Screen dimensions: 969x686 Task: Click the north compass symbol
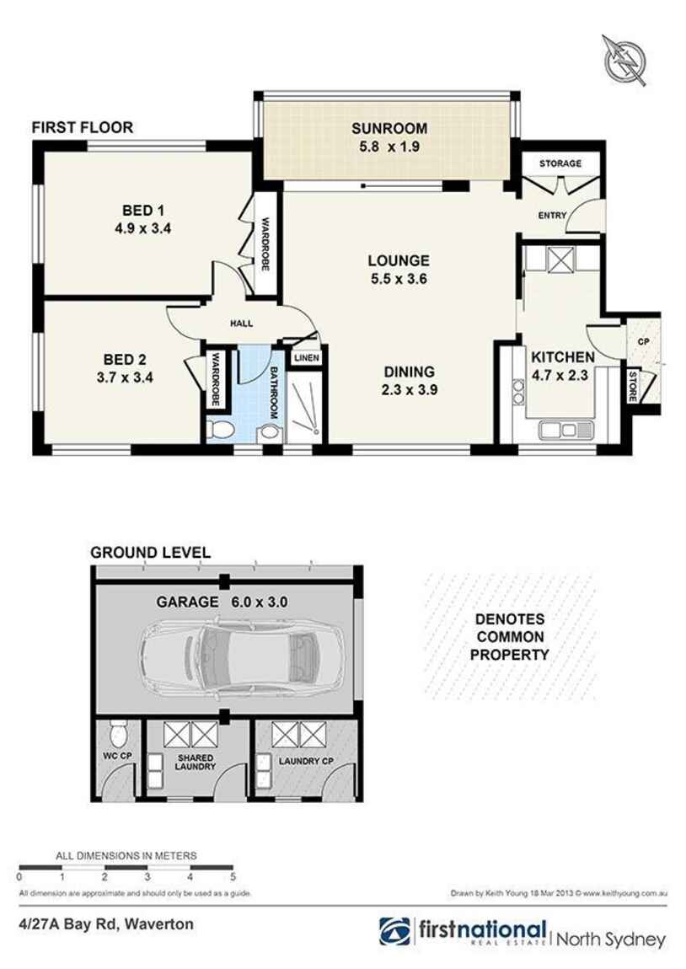tap(624, 59)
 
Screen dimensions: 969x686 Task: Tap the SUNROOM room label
tap(389, 129)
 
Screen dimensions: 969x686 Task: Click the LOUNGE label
tap(398, 261)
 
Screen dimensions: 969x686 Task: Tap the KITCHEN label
tap(562, 357)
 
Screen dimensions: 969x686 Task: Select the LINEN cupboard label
tap(306, 358)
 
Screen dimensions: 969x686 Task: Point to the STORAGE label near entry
tap(560, 163)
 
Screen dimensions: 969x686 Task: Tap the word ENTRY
tap(552, 216)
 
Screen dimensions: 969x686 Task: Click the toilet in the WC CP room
tap(118, 736)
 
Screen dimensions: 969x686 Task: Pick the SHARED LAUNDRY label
tap(194, 763)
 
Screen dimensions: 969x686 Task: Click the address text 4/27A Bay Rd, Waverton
tap(105, 924)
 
